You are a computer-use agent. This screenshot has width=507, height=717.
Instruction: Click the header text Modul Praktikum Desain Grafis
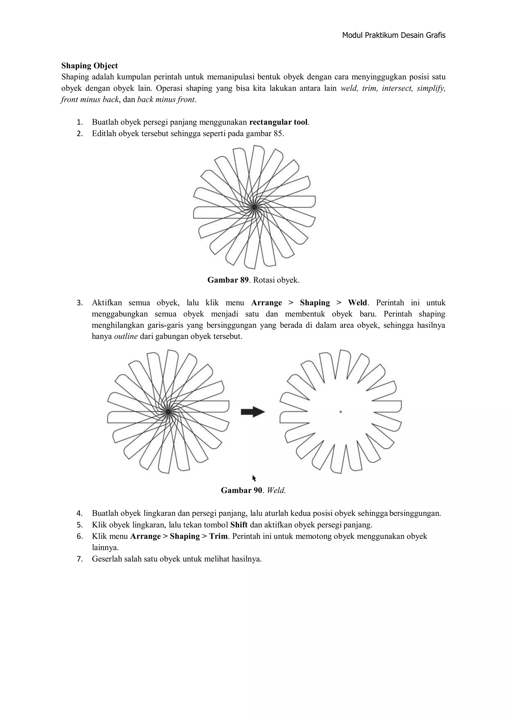(393, 35)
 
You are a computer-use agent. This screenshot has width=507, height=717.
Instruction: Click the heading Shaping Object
(90, 66)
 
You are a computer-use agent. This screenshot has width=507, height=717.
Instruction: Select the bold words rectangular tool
(279, 122)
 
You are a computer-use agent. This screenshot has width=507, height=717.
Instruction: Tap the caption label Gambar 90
(241, 491)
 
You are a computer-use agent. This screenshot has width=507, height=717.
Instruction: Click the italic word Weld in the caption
(276, 491)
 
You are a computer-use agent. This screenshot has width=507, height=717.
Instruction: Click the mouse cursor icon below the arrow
(254, 478)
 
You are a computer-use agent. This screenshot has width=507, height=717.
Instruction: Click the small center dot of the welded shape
(341, 412)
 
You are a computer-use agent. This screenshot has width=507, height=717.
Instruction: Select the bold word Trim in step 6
(218, 536)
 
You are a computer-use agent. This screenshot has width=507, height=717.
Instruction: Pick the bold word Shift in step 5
(239, 525)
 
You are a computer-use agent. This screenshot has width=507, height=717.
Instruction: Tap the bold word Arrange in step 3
(266, 303)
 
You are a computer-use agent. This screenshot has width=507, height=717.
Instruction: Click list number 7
(80, 559)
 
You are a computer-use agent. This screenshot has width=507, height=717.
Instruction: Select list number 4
(80, 513)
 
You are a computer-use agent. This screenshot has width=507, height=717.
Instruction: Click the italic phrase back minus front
(166, 100)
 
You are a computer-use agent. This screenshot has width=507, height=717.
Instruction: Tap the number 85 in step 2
(279, 134)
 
